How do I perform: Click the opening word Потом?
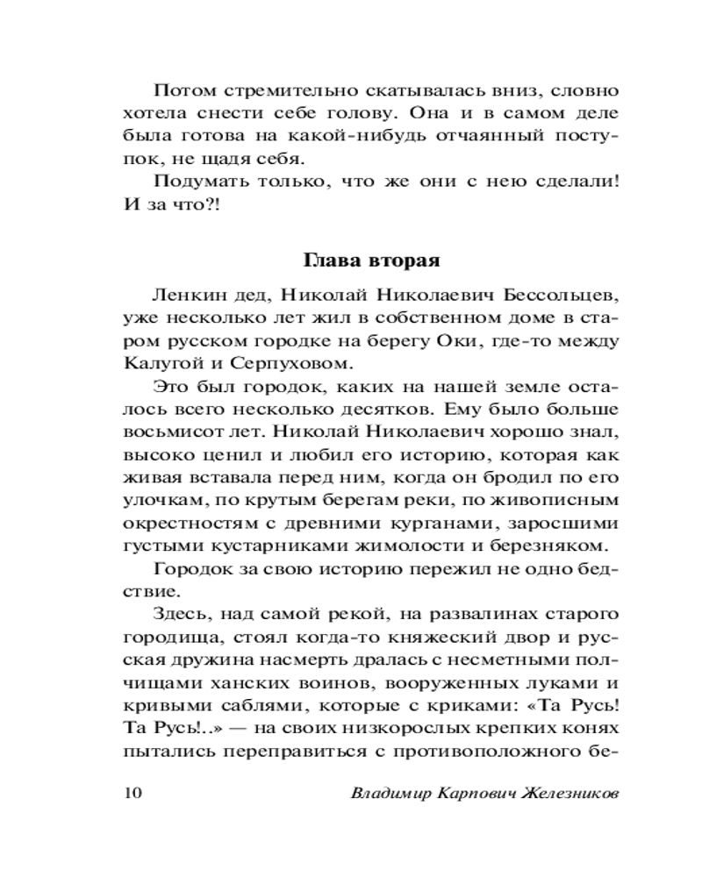pos(179,90)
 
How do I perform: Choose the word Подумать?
pos(194,182)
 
